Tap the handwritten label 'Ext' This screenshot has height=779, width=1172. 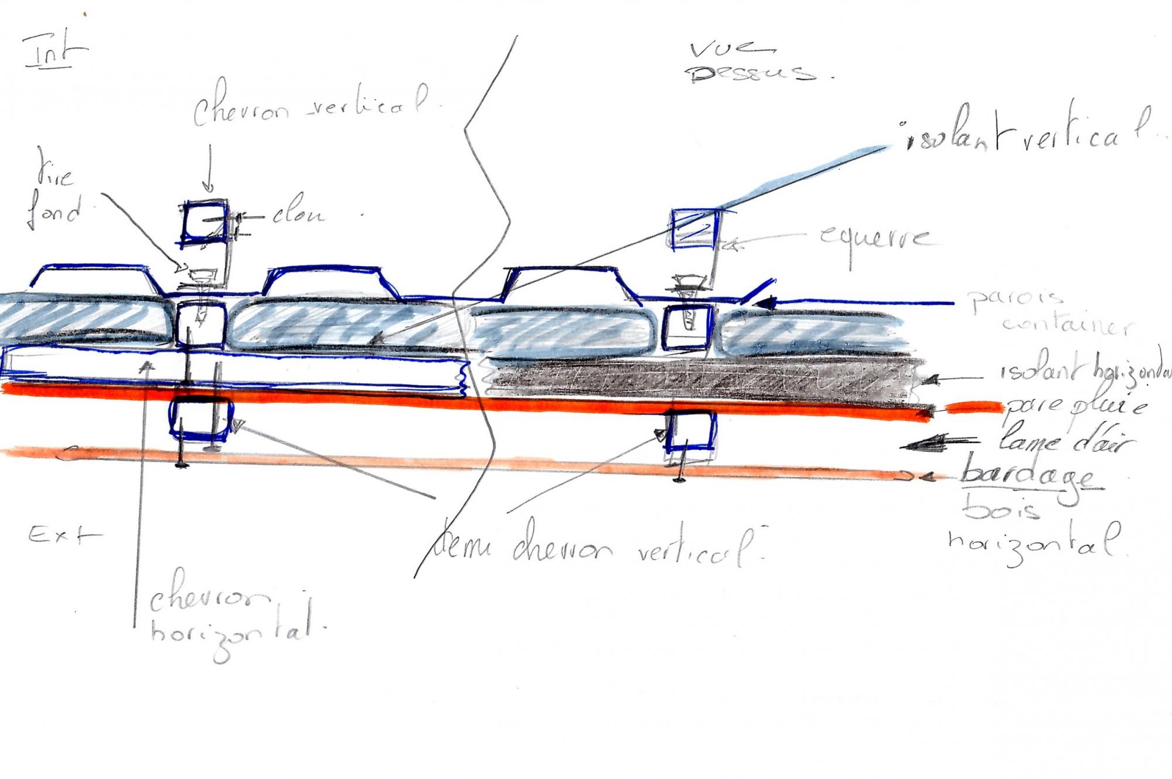point(64,535)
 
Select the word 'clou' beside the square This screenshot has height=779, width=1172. point(299,215)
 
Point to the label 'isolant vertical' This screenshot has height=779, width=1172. point(1025,134)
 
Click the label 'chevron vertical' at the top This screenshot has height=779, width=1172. point(311,106)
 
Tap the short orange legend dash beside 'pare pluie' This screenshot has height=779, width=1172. point(973,406)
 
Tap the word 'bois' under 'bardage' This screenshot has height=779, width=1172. point(1002,509)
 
